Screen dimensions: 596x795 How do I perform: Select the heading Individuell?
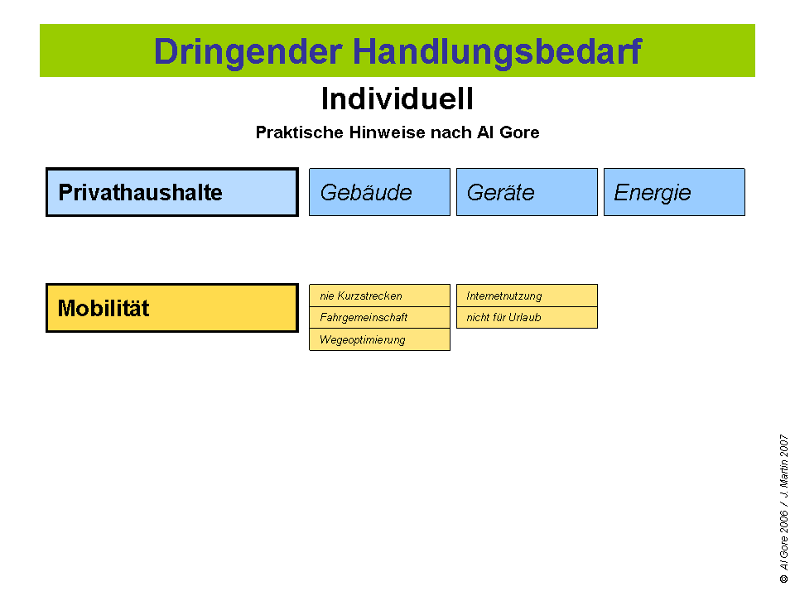pos(397,99)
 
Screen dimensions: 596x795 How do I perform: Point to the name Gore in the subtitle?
pos(518,132)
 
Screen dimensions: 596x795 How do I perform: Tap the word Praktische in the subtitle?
pos(292,132)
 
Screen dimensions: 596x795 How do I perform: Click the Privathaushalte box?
pos(171,193)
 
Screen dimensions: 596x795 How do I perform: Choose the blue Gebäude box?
pos(379,193)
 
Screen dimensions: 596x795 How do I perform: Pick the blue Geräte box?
pos(527,193)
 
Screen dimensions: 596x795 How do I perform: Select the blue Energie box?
pos(674,193)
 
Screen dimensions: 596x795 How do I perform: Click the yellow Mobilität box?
pos(171,309)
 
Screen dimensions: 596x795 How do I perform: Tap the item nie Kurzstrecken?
pos(379,296)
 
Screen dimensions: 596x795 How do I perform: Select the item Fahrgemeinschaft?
pos(379,317)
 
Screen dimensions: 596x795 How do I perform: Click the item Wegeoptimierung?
pos(379,339)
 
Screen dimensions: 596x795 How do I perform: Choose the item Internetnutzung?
pos(527,296)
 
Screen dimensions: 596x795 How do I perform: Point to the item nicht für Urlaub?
pos(527,317)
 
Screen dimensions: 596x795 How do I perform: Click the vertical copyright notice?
pos(783,508)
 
